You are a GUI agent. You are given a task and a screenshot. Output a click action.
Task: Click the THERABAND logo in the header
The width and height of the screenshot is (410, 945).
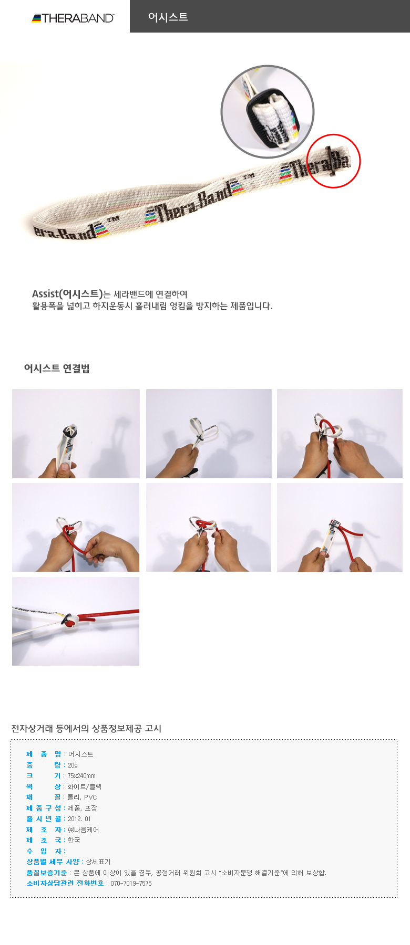tap(73, 18)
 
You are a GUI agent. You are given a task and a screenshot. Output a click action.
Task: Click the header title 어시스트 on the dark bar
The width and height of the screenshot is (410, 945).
tap(168, 17)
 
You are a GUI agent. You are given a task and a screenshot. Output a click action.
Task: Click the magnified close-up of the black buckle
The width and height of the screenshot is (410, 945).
tap(267, 111)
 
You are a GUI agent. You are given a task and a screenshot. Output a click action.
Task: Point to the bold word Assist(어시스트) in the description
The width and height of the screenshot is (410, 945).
tap(67, 293)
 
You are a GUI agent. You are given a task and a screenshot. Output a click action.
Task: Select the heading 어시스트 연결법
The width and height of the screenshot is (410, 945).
tap(57, 369)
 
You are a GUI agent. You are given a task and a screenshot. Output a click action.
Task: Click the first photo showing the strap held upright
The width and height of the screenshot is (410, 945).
tap(76, 433)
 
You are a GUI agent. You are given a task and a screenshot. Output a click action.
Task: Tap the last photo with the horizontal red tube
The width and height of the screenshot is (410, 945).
tap(76, 621)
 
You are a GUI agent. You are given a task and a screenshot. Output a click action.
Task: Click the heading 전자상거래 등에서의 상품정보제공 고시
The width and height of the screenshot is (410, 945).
tap(86, 728)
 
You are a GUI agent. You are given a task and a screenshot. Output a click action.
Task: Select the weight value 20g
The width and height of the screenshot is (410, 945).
tap(73, 765)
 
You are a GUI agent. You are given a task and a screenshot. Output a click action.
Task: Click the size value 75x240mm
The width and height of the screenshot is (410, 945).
tap(81, 775)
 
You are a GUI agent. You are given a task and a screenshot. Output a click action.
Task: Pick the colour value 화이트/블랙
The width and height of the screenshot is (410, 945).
tap(85, 786)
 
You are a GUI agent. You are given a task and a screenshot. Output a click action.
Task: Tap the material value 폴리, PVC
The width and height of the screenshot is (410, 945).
tap(83, 797)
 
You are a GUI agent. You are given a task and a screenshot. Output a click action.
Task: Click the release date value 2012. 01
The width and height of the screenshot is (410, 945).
tap(79, 818)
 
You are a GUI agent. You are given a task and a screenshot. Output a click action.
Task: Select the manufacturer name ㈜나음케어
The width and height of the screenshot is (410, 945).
tap(83, 829)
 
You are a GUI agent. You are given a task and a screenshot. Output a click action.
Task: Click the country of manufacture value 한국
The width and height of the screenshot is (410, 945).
tap(74, 840)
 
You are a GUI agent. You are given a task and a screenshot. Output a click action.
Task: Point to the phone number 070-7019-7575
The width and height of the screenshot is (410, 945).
tap(131, 883)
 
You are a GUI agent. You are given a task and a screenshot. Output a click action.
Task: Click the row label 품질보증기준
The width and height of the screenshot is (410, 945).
tap(47, 873)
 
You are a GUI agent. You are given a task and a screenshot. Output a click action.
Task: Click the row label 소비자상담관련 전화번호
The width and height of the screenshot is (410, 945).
tap(65, 883)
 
